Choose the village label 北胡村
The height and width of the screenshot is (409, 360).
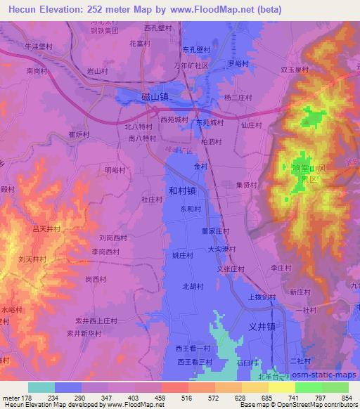193,285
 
